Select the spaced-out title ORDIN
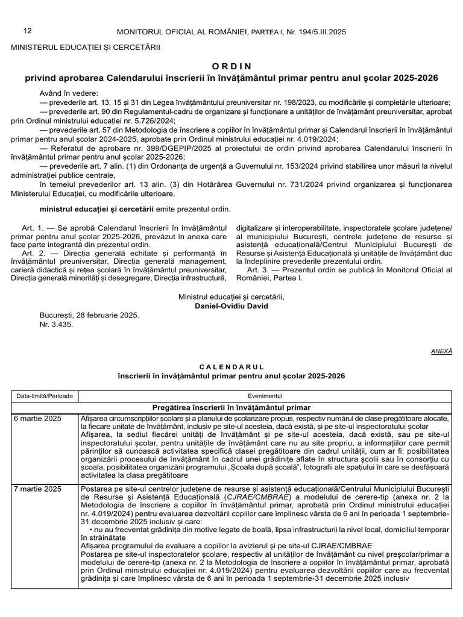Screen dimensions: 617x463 coord(231,66)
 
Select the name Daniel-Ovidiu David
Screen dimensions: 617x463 coord(231,305)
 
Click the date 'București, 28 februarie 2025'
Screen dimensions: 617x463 coord(89,315)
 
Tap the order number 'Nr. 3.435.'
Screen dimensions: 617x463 coord(56,324)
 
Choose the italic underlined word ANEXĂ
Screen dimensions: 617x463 coord(441,350)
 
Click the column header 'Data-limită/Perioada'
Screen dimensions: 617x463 coord(45,396)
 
